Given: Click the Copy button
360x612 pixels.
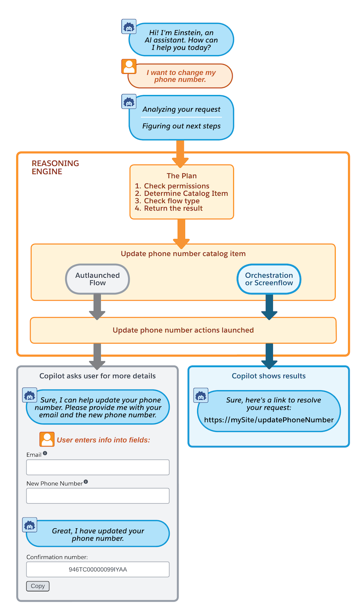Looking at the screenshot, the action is click(x=38, y=586).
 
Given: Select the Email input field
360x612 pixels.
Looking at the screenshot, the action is click(x=98, y=467).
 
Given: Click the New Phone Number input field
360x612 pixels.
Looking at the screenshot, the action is click(x=98, y=495).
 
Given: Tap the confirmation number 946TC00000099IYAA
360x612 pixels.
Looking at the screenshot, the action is click(x=98, y=569).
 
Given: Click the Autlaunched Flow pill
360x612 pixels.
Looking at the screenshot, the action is click(x=98, y=279).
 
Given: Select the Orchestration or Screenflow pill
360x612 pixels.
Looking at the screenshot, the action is click(x=269, y=279).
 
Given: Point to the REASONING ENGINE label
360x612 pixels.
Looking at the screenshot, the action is click(x=55, y=167).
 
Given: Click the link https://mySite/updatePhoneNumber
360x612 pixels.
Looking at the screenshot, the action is click(x=269, y=420).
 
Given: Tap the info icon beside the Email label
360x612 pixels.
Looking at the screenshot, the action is click(x=45, y=453).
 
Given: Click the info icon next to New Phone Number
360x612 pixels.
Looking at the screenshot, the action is click(x=86, y=481).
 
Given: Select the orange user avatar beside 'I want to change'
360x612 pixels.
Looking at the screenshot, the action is click(x=129, y=67).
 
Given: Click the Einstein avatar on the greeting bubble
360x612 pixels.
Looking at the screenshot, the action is click(x=129, y=27).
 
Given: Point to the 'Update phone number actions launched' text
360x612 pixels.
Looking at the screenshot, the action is click(x=183, y=330).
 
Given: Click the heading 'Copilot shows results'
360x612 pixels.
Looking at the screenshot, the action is click(x=269, y=376).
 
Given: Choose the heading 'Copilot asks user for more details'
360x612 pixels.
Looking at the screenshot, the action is click(x=98, y=376).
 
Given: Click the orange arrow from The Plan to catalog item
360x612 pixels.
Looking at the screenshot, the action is click(x=181, y=234).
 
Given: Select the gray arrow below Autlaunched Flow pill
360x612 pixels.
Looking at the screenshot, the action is click(x=97, y=306).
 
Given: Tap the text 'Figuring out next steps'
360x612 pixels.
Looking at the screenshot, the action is click(x=181, y=126).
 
